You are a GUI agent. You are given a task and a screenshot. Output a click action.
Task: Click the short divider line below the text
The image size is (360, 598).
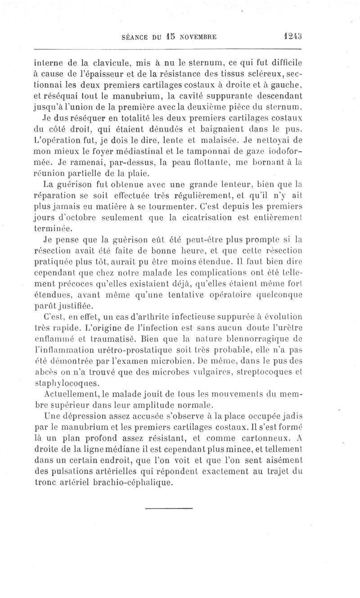[x=169, y=508]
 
